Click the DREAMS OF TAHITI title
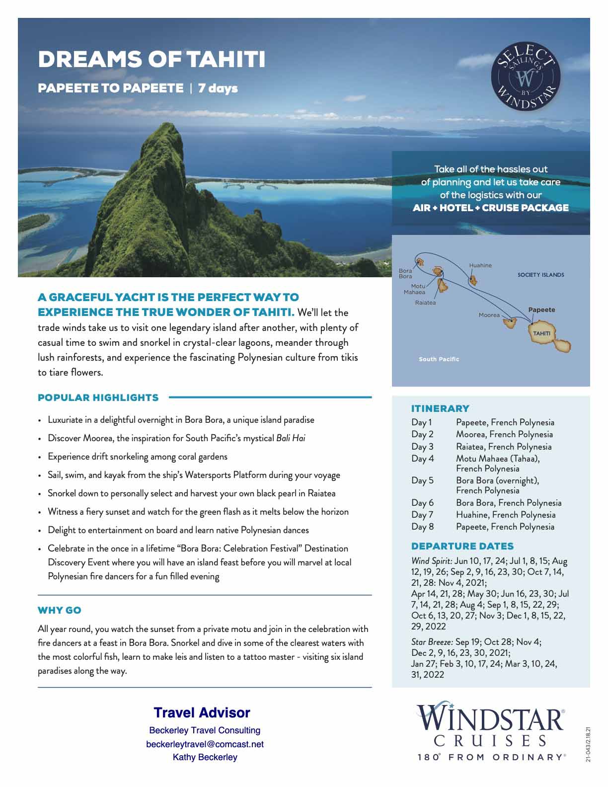pos(152,59)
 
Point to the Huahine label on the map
pos(480,265)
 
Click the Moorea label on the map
pos(489,315)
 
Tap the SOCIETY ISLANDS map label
pos(540,275)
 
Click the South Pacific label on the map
pos(439,359)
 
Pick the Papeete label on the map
pos(541,310)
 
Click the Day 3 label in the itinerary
pos(422,447)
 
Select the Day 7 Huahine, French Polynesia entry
pos(506,515)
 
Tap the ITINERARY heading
pos(440,408)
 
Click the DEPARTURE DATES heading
pos(462,546)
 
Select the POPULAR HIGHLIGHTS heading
pos(98,397)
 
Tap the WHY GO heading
pos(60,610)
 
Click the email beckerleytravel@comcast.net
pos(205,744)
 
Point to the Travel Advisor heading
pos(202,713)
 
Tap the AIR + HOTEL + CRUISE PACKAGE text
pos(490,208)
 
